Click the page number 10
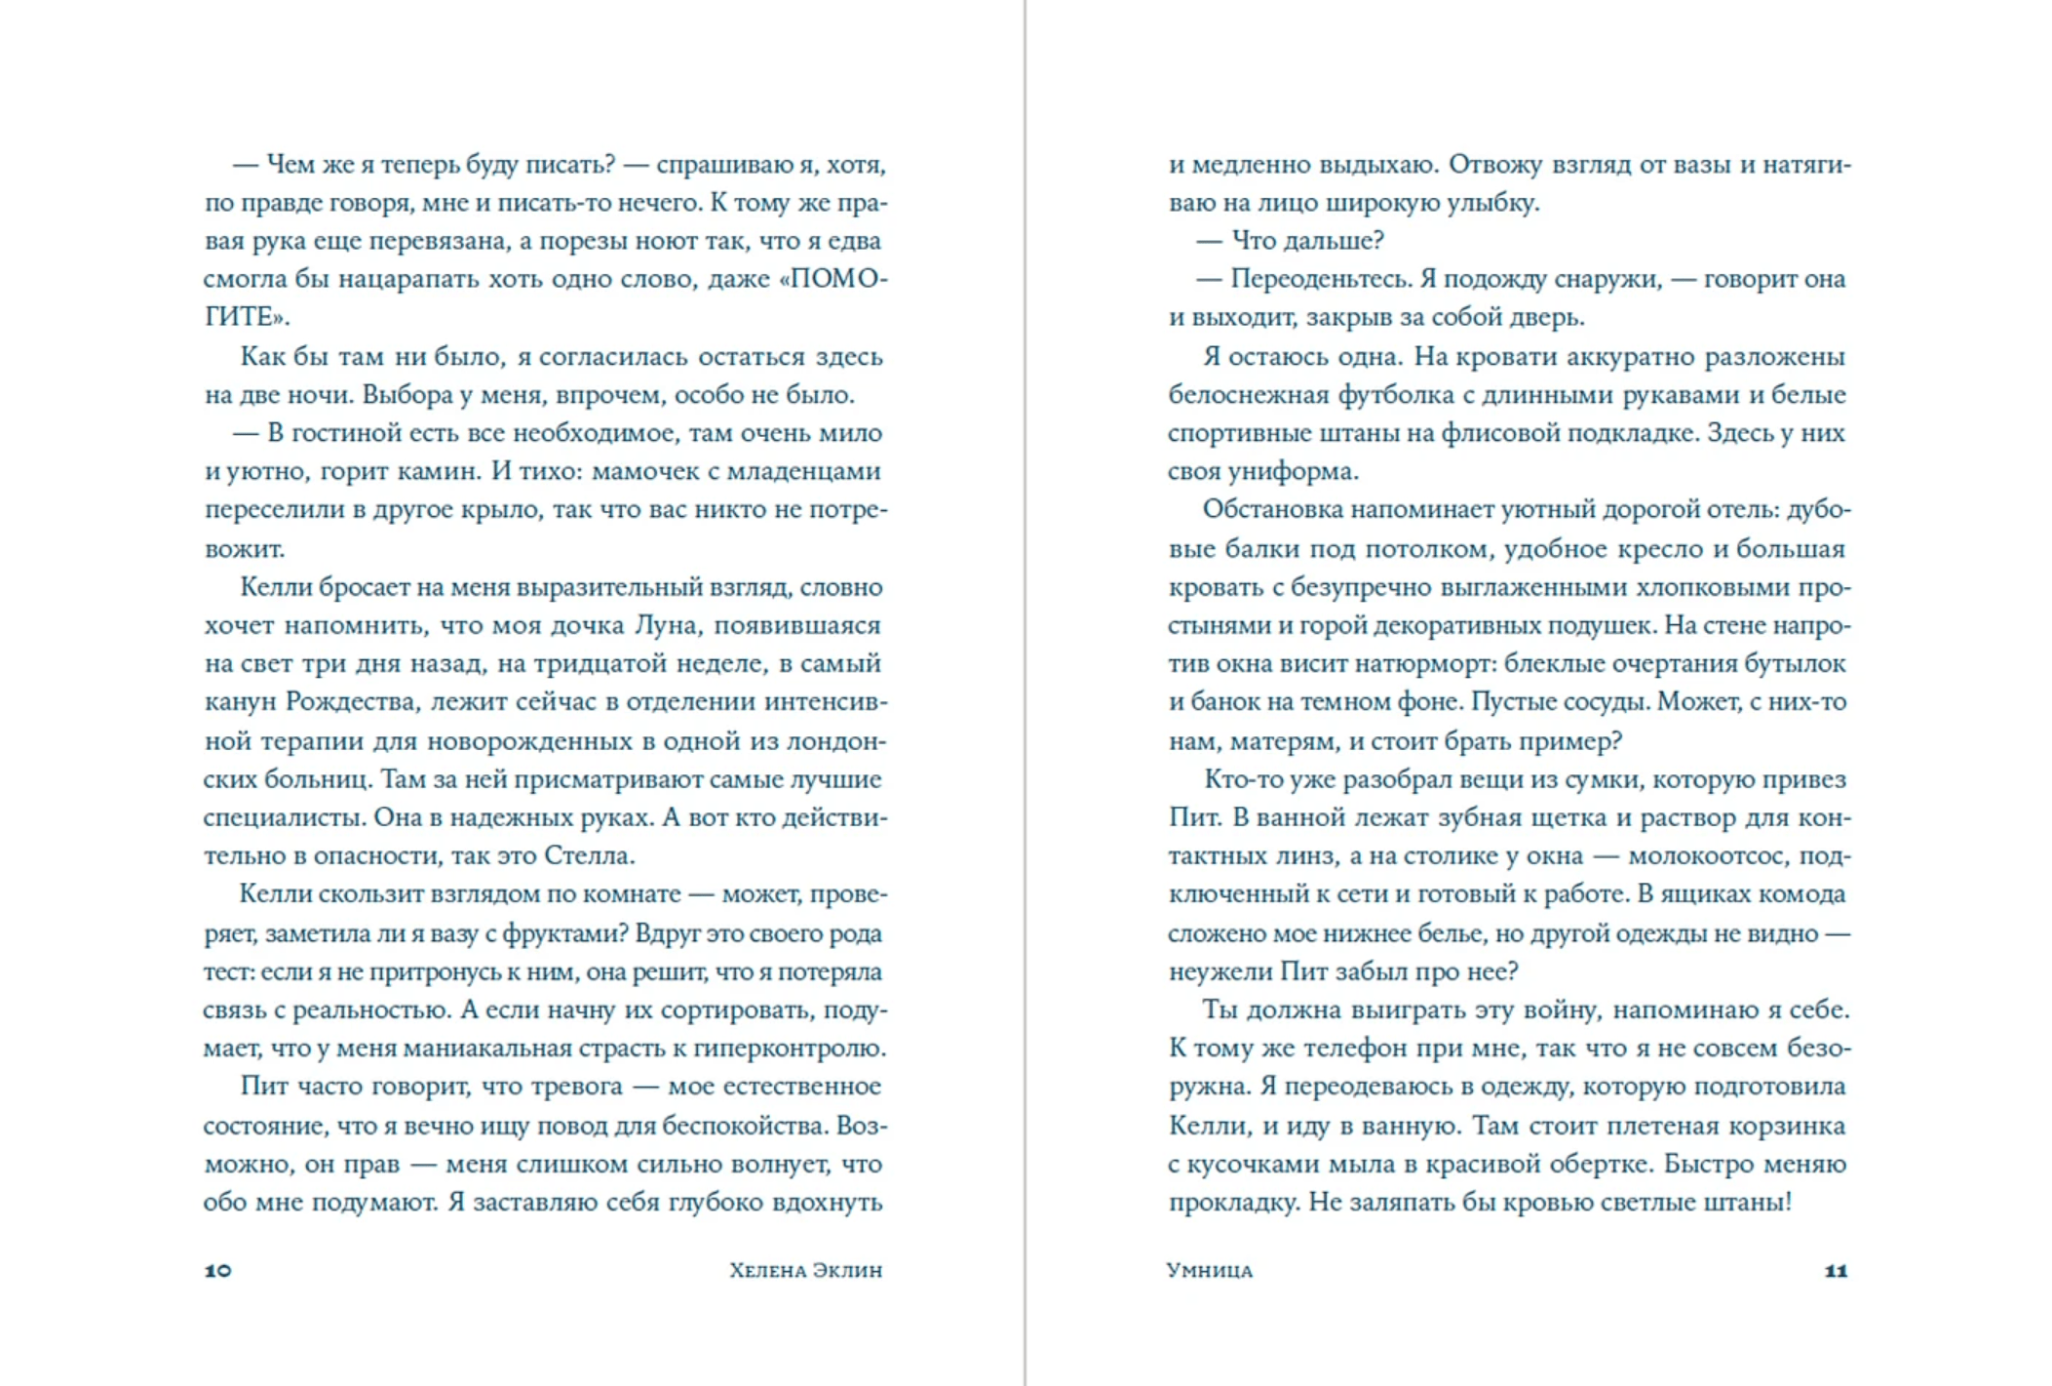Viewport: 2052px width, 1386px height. pyautogui.click(x=217, y=1270)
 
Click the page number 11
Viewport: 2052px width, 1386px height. pyautogui.click(x=1836, y=1270)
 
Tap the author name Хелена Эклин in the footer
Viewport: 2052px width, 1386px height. pyautogui.click(x=805, y=1270)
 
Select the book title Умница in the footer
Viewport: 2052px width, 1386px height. pyautogui.click(x=1209, y=1270)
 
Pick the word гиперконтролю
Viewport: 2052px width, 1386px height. pyautogui.click(x=789, y=1049)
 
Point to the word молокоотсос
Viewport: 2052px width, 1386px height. pyautogui.click(x=1705, y=856)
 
